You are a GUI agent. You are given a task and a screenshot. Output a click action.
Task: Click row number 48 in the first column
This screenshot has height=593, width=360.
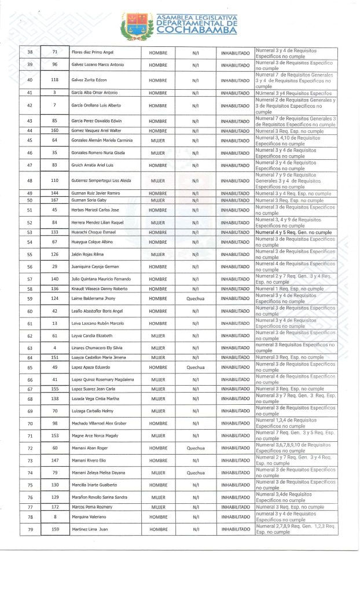click(x=30, y=181)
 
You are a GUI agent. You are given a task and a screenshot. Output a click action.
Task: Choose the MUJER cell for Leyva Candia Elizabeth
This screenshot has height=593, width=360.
click(x=158, y=336)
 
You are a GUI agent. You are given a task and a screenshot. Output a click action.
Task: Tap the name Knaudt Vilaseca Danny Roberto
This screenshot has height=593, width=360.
click(x=98, y=288)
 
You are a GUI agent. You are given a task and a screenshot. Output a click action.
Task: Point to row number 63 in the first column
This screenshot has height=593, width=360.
click(x=30, y=348)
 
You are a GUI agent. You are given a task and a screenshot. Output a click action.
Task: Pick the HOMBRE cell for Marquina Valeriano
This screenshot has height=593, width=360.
click(x=158, y=517)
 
